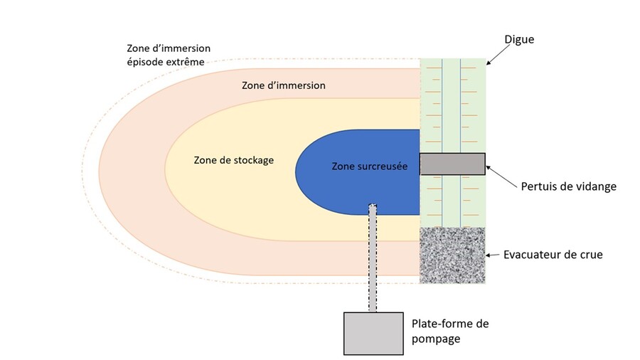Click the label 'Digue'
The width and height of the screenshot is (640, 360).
518,40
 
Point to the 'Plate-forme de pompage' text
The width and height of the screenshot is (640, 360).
450,331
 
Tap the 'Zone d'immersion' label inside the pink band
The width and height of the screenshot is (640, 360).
283,85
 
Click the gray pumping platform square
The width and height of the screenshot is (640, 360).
372,332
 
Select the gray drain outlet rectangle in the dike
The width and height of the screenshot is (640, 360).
452,164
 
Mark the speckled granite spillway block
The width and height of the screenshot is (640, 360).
452,255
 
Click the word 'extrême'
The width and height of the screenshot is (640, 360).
186,63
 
